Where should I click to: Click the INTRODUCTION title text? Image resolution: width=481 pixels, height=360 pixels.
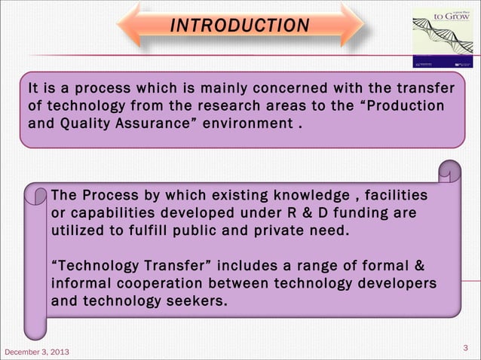(x=240, y=26)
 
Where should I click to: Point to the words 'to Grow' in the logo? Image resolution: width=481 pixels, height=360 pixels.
(x=455, y=17)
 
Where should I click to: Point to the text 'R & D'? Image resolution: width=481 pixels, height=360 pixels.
(x=303, y=213)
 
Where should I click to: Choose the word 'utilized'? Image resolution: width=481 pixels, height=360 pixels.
(x=78, y=230)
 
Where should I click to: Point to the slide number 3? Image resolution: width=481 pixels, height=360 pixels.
(x=464, y=347)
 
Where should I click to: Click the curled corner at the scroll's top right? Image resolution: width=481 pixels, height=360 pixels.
(x=450, y=172)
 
